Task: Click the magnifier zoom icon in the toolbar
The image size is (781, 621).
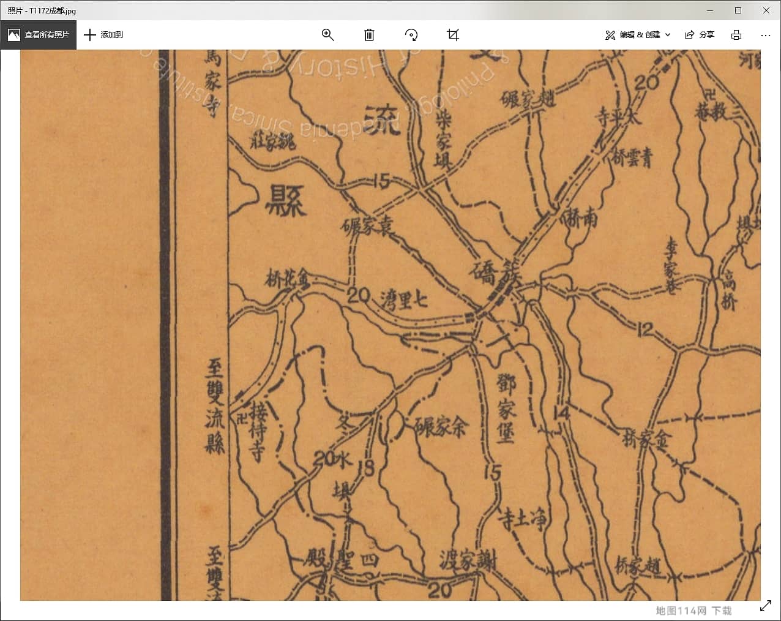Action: point(327,35)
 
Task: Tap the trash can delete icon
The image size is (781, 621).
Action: point(369,35)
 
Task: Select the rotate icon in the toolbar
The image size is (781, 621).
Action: point(411,35)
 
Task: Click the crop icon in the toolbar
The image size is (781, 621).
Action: point(453,35)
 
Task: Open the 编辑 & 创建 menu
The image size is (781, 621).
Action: point(638,35)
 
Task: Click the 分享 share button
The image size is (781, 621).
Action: point(700,35)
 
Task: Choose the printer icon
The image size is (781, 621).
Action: point(736,35)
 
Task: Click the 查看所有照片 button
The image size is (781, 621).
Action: point(39,35)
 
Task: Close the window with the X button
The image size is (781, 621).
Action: point(766,10)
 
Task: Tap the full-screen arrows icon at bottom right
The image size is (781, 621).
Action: point(765,606)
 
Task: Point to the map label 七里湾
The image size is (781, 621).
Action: point(404,300)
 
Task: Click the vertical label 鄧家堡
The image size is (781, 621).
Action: point(506,408)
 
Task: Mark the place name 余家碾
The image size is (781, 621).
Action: point(441,426)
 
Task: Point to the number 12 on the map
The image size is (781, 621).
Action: point(645,329)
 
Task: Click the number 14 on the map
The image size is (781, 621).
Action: point(561,413)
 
